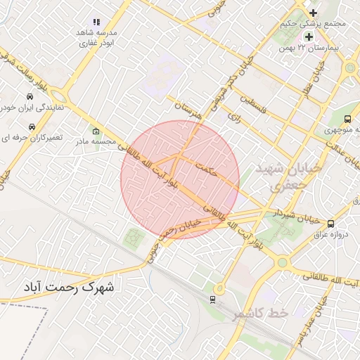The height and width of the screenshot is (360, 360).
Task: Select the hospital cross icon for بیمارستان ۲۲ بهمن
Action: [x=308, y=36]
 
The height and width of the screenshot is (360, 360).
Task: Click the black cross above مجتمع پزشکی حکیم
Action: [x=313, y=12]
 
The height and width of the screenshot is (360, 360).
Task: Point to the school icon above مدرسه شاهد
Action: [x=97, y=22]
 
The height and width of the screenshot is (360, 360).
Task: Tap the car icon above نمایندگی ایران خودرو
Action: [x=30, y=96]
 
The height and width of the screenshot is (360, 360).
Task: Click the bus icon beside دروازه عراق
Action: [x=330, y=224]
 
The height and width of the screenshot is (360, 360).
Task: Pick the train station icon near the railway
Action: [x=212, y=299]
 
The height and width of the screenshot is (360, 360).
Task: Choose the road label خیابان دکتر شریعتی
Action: [x=215, y=95]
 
